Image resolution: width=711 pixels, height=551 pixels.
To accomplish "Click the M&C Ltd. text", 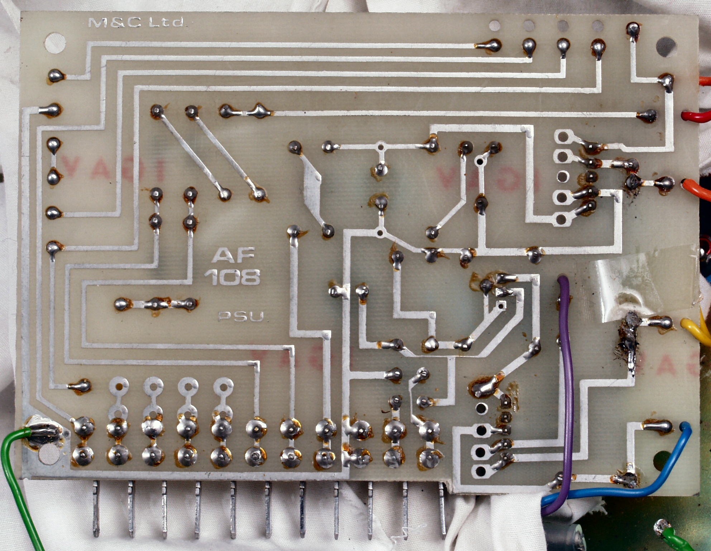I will tap(137, 23).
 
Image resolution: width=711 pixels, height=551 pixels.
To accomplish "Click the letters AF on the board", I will tap(234, 255).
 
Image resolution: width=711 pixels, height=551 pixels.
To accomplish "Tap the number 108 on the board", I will tap(233, 277).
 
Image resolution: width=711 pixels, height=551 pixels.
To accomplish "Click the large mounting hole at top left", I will tap(56, 43).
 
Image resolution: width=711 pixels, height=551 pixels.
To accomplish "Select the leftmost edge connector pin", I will tap(96, 508).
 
